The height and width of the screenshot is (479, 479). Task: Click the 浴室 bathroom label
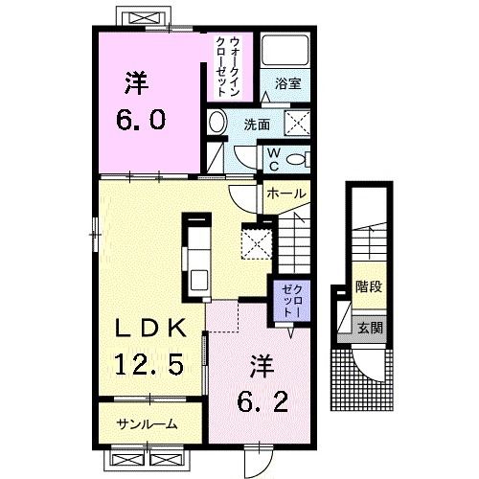(x=288, y=83)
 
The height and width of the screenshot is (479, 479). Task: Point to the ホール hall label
(x=286, y=194)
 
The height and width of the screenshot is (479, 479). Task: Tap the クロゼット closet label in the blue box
(x=290, y=300)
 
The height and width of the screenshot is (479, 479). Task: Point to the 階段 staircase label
(x=366, y=285)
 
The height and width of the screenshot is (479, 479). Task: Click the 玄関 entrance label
(x=367, y=327)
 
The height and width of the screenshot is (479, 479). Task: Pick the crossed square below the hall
(x=257, y=240)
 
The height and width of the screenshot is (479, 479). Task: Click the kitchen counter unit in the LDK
(x=197, y=256)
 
